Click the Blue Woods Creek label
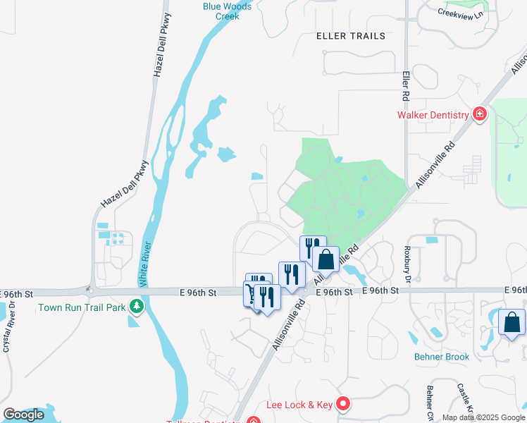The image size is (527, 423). pos(221,11)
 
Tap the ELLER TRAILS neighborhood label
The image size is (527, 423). pos(351,36)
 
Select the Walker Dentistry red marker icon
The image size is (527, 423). pos(480,114)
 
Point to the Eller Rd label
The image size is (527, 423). pos(406,84)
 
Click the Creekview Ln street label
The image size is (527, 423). pos(461,13)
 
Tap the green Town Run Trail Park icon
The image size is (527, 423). pos(137,307)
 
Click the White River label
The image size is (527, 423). pos(146,264)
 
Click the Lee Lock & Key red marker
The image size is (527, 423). pos(343,404)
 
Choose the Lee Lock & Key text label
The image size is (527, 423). pos(299,405)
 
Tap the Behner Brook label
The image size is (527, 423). pos(442,357)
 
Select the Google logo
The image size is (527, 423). pos(23,415)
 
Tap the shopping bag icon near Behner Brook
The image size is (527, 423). pos(512,322)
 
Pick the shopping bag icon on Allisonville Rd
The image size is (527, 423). pos(325,259)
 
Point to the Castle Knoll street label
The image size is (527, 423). pos(464,399)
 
